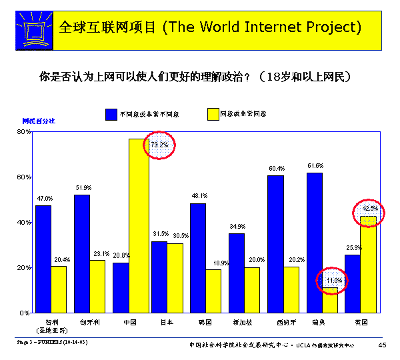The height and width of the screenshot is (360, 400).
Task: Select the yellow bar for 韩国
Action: [213, 291]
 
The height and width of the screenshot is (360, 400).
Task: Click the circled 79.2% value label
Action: [160, 145]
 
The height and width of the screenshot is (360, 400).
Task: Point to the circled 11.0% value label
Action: [333, 281]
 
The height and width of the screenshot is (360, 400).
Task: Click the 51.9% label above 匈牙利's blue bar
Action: [83, 188]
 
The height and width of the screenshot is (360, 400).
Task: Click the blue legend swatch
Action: [111, 114]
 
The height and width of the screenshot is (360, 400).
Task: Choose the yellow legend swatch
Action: [213, 114]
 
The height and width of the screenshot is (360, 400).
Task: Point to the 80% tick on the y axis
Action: [24, 132]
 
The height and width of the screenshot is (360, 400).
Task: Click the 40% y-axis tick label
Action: [24, 222]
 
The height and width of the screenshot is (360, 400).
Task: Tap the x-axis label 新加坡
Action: [244, 322]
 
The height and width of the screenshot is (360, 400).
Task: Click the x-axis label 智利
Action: [42, 322]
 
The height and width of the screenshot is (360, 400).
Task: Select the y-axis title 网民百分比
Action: [39, 121]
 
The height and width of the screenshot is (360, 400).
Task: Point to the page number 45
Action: [382, 344]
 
